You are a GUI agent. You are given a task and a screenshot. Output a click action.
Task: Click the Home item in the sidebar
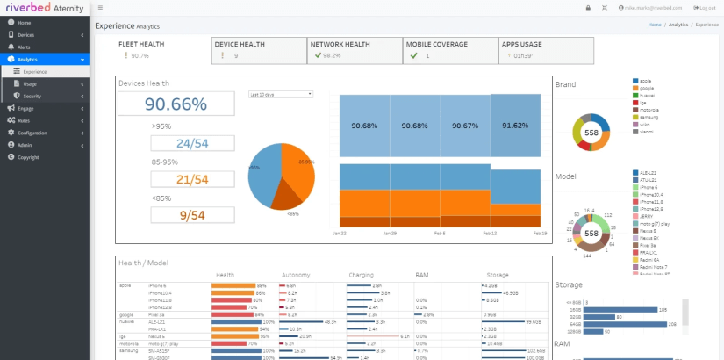point(24,22)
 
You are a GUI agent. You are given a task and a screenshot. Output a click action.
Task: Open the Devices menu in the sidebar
point(26,34)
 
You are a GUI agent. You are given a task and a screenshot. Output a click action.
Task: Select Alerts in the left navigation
point(25,47)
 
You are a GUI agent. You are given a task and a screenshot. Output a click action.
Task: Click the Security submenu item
point(32,96)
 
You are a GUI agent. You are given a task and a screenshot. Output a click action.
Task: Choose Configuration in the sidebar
point(32,133)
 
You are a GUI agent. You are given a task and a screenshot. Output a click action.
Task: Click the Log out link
point(707,8)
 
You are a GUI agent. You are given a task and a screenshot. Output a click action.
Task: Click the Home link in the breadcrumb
point(655,25)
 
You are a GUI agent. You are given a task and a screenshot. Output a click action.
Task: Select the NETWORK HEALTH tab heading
point(340,43)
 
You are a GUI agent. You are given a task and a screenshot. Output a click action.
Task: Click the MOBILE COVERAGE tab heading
point(436,43)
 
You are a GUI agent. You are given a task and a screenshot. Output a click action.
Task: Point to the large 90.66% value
point(176,104)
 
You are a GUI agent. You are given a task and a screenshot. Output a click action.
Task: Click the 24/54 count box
point(192,143)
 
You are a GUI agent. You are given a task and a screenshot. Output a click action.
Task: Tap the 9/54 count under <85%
point(192,214)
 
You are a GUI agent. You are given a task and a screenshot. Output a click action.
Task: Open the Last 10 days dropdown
point(280,93)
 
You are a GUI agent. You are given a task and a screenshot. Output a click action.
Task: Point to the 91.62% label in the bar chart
point(515,126)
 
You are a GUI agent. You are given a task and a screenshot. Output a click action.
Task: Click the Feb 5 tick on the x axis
point(440,234)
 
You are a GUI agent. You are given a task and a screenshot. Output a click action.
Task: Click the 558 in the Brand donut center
point(591,133)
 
